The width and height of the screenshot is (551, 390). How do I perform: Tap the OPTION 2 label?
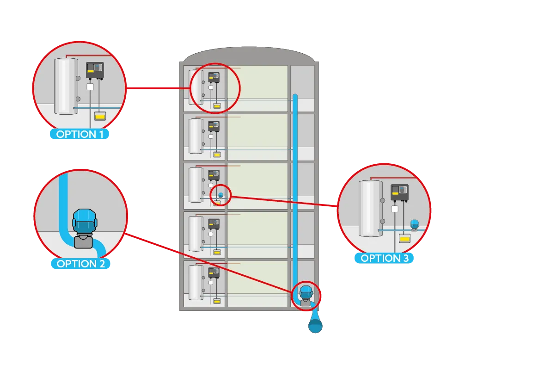(80, 264)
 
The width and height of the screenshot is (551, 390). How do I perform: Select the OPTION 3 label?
(384, 258)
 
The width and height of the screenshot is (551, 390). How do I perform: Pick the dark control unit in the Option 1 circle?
(95, 70)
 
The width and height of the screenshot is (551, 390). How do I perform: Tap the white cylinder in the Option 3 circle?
(370, 208)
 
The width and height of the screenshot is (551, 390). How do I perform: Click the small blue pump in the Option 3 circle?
(414, 224)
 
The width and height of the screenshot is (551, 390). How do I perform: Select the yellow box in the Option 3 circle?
(405, 239)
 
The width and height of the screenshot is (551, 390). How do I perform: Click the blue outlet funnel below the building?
(315, 322)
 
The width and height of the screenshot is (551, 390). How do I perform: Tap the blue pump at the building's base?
(305, 295)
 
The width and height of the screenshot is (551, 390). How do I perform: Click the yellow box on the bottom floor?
(216, 301)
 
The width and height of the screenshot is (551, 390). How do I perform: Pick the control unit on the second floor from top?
(214, 126)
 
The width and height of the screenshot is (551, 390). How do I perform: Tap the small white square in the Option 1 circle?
(91, 87)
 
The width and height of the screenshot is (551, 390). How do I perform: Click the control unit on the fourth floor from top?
(214, 224)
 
